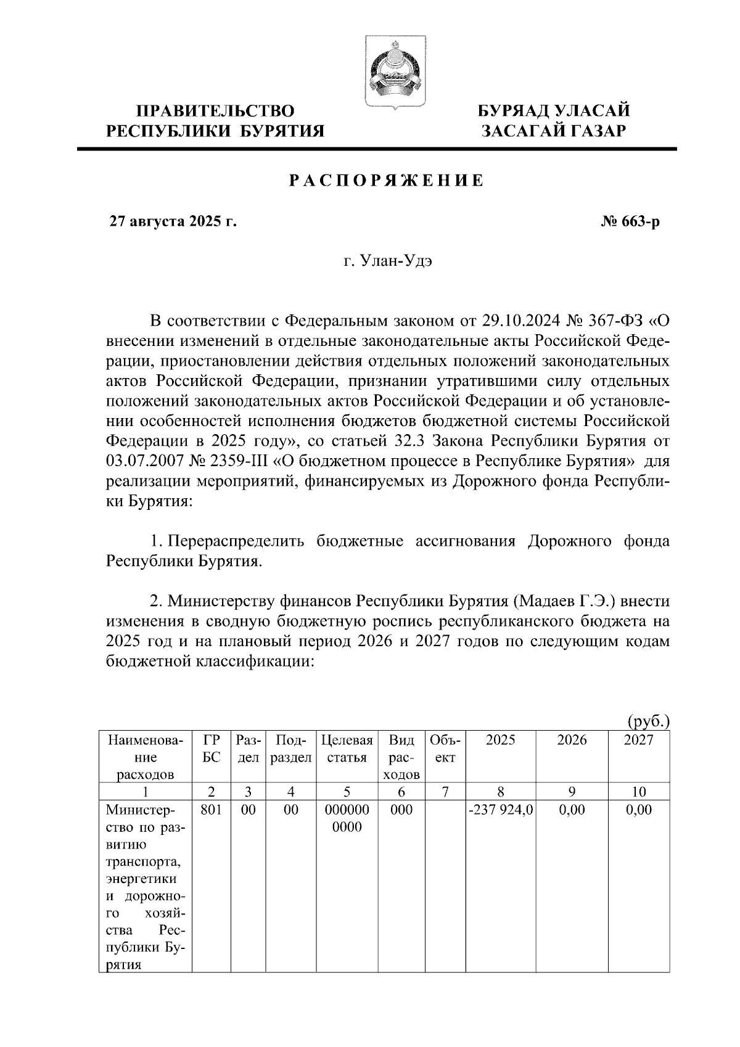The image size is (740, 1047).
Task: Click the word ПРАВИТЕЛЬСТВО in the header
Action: point(215,112)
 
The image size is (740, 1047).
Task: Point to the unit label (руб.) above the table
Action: point(647,721)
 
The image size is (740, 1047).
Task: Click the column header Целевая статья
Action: point(347,749)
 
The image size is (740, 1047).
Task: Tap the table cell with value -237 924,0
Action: point(500,810)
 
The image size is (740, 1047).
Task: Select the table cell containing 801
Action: point(211,810)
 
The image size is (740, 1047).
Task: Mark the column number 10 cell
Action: point(639,792)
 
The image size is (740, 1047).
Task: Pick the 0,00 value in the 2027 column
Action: point(639,810)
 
